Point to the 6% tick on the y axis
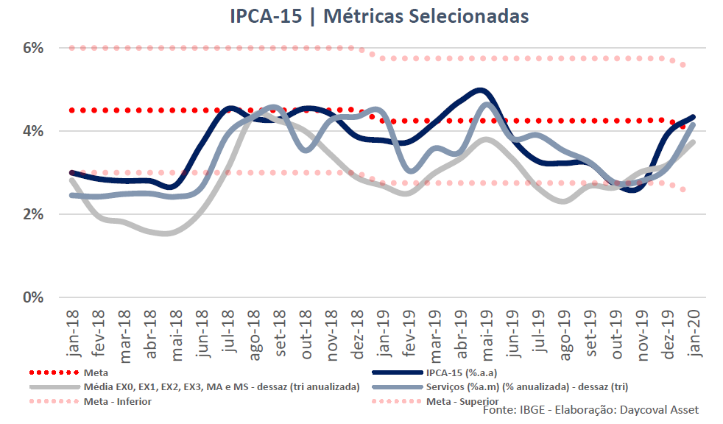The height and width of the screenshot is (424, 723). point(33,48)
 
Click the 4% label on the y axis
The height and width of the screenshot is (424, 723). point(33,131)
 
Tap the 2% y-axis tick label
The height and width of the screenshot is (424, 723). point(33,214)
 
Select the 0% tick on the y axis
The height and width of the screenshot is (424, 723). point(33,297)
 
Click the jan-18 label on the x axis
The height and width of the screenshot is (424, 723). point(72,333)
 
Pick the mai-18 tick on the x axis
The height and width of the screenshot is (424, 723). point(176,333)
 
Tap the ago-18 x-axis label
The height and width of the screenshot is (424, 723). point(253,333)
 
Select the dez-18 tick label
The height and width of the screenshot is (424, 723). point(357,333)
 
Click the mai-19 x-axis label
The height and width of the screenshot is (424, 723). point(487,333)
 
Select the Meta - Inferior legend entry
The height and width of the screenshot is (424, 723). point(118,401)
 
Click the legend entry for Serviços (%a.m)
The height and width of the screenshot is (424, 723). point(526,387)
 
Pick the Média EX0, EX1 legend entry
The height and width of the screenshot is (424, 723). point(222,387)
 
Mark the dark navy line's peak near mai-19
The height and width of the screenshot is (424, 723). point(481,91)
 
